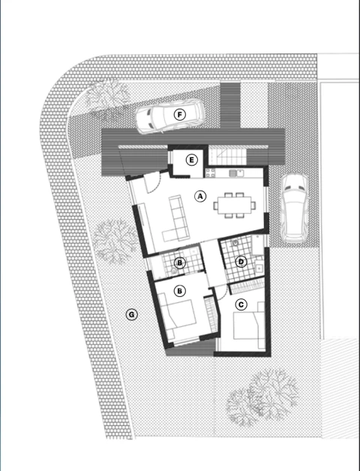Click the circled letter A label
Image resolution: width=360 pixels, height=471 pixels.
[200, 196]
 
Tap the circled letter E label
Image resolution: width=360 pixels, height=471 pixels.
[192, 160]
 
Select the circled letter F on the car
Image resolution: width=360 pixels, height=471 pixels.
[179, 115]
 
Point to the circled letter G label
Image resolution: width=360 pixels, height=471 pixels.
[131, 314]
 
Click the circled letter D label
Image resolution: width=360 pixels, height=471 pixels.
[241, 262]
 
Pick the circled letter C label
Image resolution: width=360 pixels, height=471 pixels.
[241, 304]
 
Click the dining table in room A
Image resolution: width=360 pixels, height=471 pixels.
[231, 203]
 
